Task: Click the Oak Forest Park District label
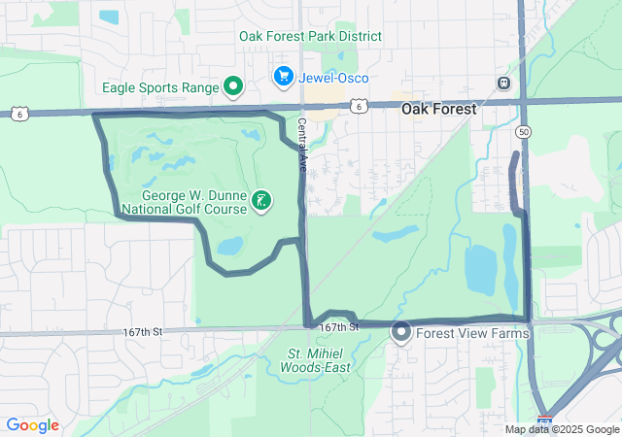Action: coord(310,37)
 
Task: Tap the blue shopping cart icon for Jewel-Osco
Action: coord(284,75)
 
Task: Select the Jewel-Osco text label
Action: coord(334,78)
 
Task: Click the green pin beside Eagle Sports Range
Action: coord(233,87)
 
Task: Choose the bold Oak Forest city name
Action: coord(439,110)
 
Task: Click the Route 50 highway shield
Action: coord(524,132)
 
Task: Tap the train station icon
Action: coord(502,84)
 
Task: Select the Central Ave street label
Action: coord(302,146)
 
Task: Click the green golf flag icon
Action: coord(260,201)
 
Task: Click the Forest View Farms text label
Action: coord(472,333)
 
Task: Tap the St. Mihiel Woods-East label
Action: coord(319,360)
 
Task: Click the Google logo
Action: coord(32,425)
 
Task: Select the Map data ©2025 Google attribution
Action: coord(562,429)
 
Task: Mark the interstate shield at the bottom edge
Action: coord(546,425)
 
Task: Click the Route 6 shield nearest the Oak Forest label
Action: coord(359,107)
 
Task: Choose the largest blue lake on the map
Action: coord(480,269)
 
